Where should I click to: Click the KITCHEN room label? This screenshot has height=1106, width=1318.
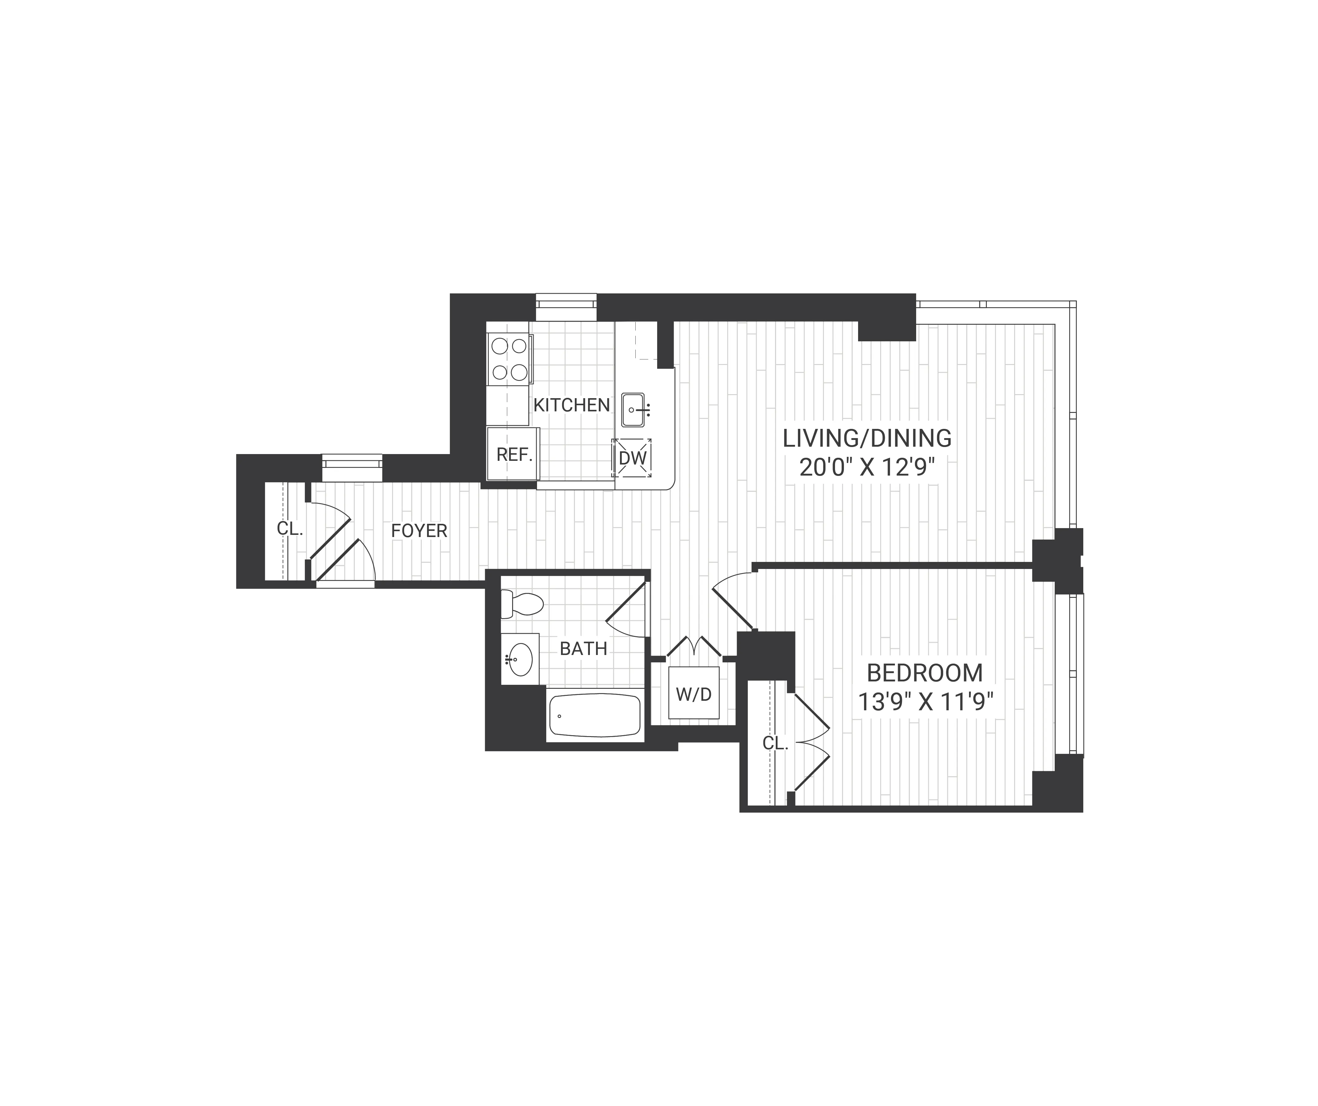571,405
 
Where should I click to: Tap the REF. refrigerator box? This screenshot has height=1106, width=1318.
513,454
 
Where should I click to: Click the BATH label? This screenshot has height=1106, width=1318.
583,649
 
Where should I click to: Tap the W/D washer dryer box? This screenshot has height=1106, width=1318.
693,694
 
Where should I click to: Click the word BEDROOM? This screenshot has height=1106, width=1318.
924,673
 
